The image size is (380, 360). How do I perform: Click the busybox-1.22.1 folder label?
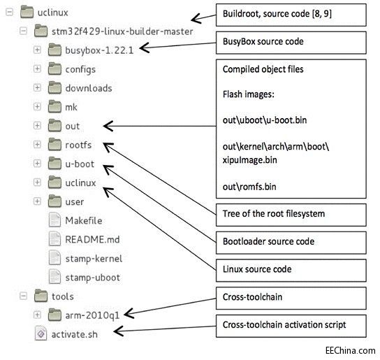(98, 50)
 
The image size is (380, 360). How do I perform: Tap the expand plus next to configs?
(37, 69)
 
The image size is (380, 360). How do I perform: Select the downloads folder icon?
(55, 88)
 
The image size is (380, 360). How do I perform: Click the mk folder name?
(72, 107)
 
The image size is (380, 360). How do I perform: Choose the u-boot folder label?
(80, 164)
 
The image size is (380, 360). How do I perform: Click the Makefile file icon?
(55, 220)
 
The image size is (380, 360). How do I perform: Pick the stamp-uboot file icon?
(55, 277)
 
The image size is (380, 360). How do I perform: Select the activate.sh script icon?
(40, 333)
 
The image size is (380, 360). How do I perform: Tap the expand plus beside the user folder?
(37, 201)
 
